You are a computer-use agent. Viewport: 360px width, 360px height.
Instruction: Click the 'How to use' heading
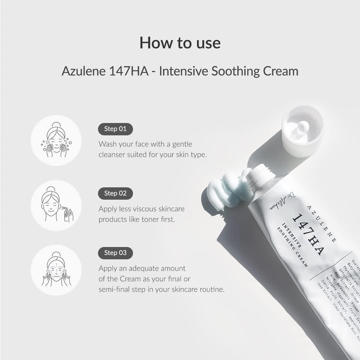point(180,43)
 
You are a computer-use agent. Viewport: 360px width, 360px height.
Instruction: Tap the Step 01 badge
point(115,129)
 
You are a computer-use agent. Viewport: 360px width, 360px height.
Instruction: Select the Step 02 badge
point(115,193)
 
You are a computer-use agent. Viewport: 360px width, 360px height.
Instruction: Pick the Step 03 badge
point(115,253)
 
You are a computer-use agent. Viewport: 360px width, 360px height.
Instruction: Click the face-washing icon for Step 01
point(56,140)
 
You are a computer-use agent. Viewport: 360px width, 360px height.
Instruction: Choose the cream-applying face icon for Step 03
point(56,270)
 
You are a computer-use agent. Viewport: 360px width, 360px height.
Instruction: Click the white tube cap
point(302,131)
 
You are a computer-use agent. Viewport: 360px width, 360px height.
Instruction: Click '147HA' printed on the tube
point(308,234)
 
